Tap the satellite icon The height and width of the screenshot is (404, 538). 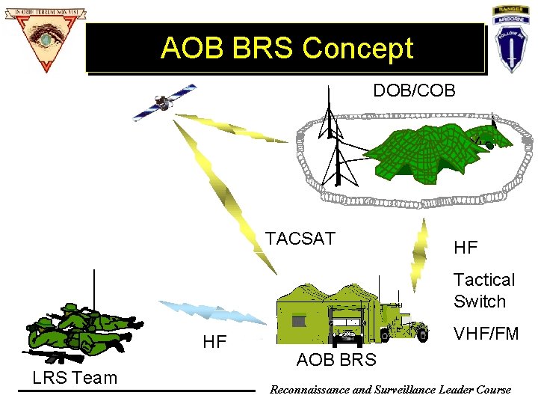(163, 102)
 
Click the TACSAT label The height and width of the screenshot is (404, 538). (300, 239)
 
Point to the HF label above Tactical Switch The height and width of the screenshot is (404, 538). (466, 247)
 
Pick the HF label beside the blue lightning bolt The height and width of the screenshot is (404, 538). (214, 342)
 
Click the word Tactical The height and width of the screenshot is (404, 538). (484, 280)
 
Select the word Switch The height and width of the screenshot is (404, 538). (480, 302)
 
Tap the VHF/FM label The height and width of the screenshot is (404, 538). (486, 334)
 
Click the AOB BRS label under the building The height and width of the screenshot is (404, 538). (336, 360)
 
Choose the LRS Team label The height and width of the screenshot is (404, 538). (75, 378)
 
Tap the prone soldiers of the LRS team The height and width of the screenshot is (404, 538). (78, 329)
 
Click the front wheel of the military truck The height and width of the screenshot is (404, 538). (422, 334)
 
